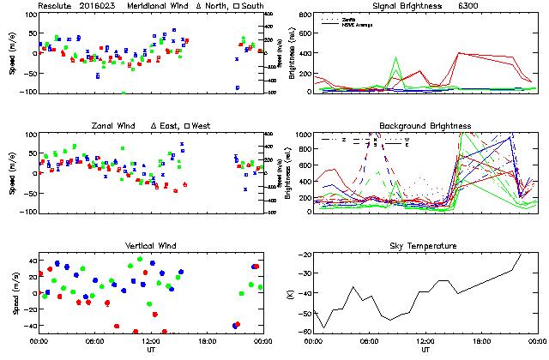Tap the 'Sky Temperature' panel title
425,246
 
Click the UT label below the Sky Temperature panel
425,350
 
